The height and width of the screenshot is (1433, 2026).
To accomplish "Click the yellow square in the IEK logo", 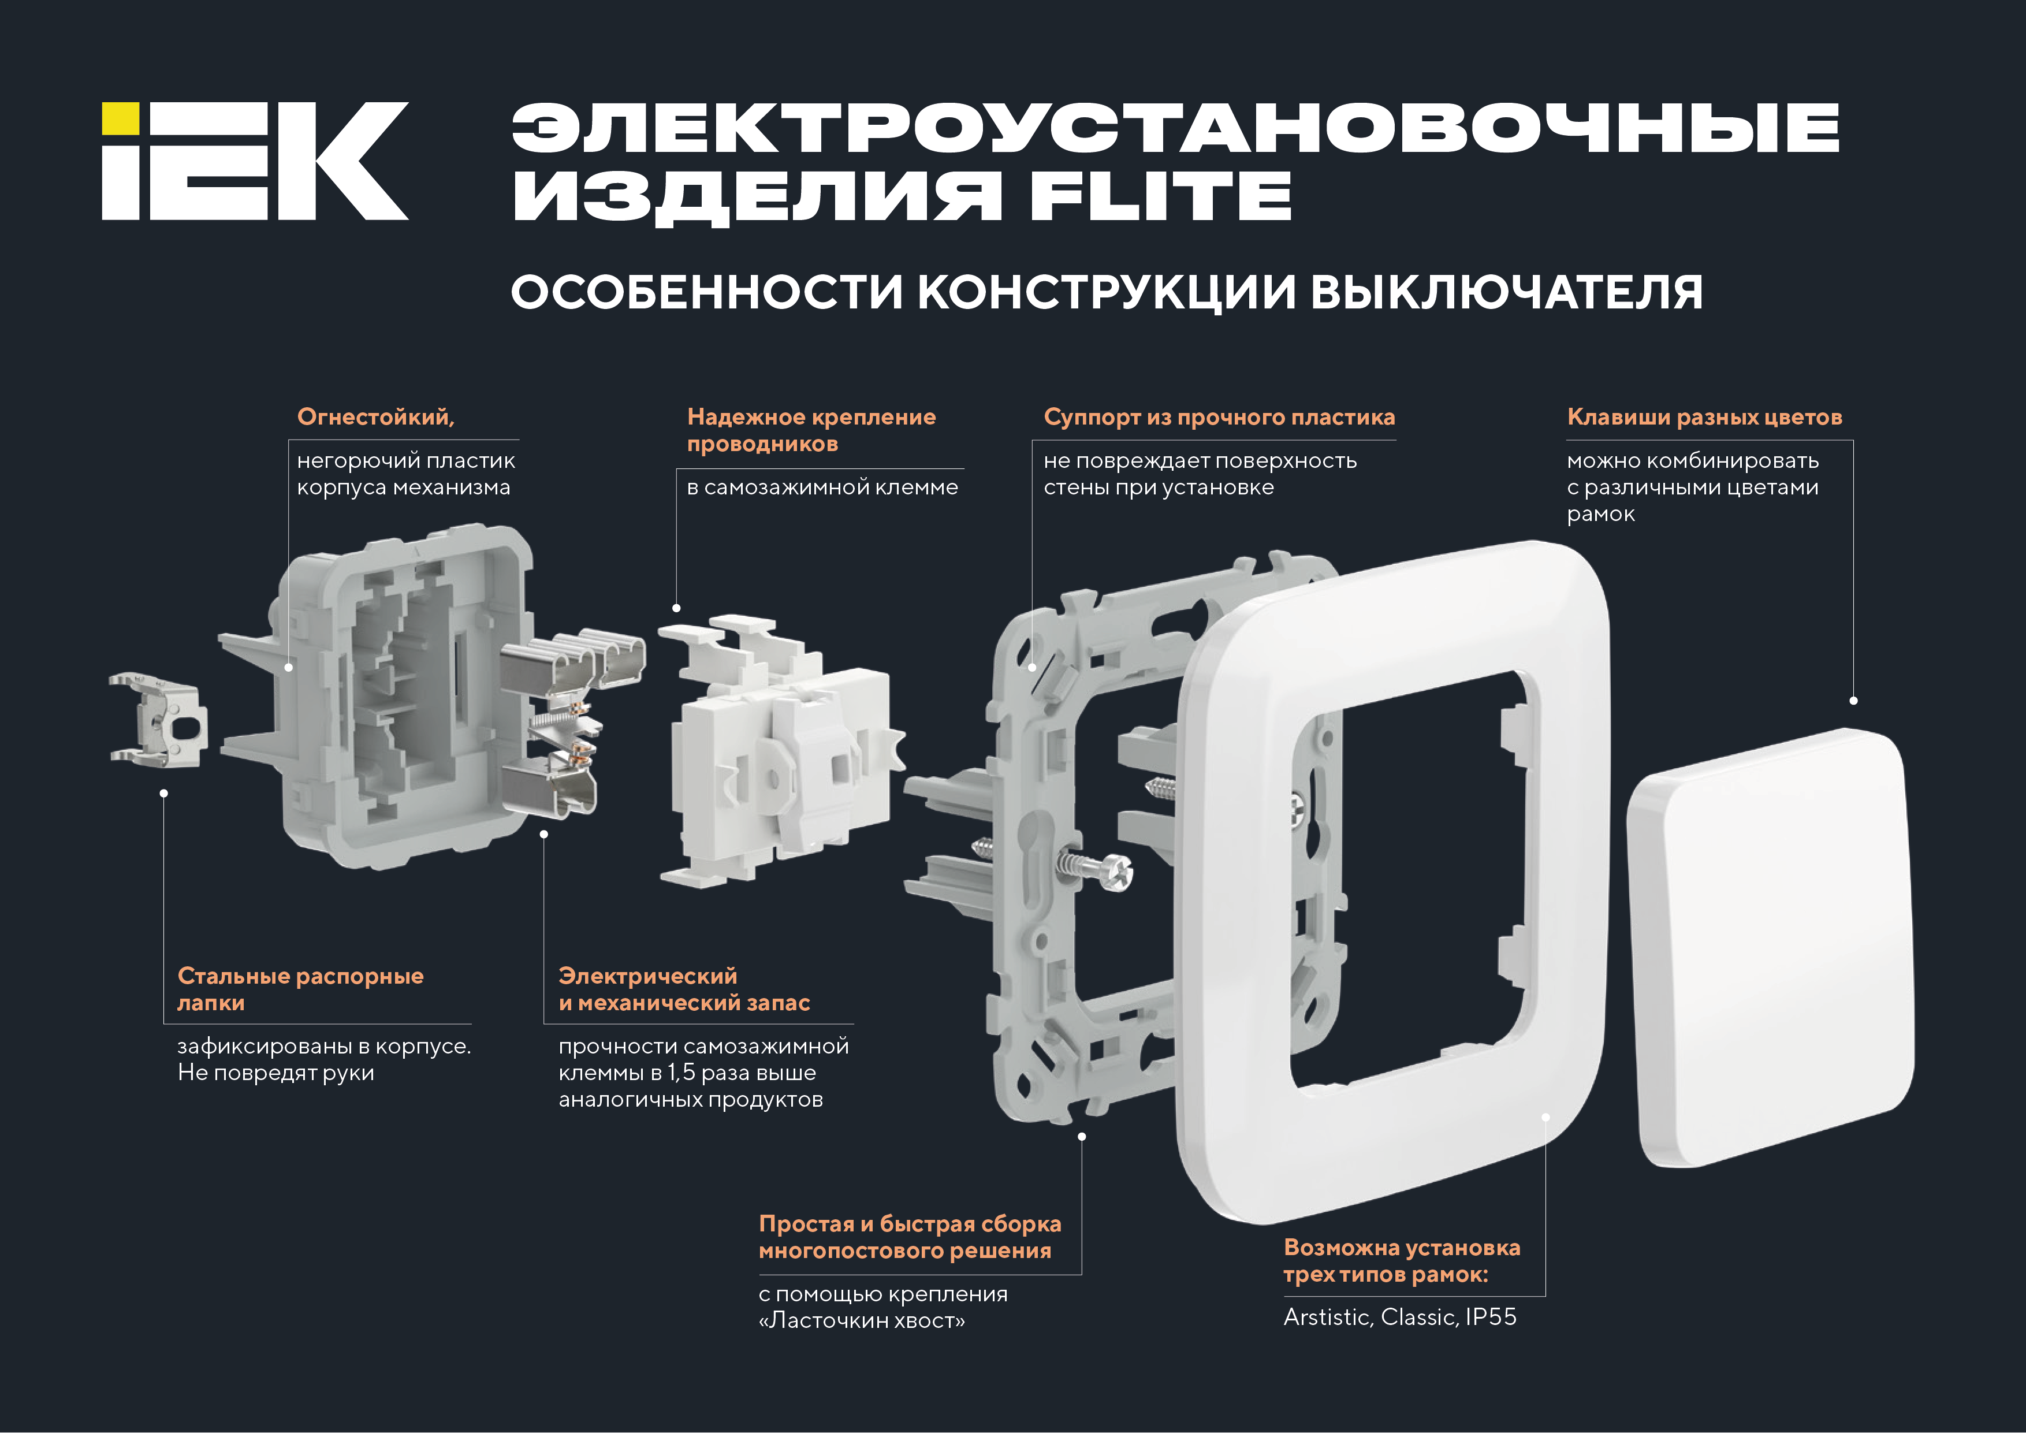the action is click(120, 118).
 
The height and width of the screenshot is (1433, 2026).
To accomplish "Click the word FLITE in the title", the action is click(1160, 196).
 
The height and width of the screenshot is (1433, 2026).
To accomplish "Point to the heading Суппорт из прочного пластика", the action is click(1220, 418).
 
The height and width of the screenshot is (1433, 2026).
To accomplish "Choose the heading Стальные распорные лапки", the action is click(300, 989).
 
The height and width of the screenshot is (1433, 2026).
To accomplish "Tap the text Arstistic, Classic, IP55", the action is click(1399, 1317).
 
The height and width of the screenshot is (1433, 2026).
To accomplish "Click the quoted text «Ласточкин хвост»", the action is click(862, 1321).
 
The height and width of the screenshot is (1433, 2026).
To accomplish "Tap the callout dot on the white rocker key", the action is click(1853, 701).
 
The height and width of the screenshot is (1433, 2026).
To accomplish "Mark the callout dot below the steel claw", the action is click(163, 793).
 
